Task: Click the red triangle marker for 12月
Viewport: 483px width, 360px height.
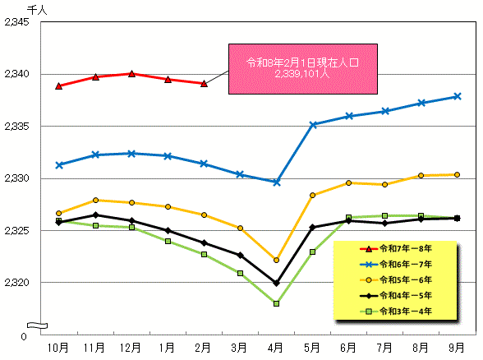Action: click(131, 73)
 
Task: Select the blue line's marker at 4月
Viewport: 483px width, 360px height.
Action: click(276, 182)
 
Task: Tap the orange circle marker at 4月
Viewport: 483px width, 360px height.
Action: click(276, 260)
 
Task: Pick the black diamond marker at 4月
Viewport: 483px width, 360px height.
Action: click(276, 283)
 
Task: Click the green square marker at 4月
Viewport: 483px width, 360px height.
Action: click(276, 303)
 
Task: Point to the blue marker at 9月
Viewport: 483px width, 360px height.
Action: click(457, 96)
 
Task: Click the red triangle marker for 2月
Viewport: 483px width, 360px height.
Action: click(204, 83)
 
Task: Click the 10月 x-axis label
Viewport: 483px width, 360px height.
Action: click(59, 348)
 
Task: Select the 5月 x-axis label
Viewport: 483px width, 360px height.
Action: click(312, 348)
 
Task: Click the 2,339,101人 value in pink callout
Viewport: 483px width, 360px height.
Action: click(301, 72)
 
